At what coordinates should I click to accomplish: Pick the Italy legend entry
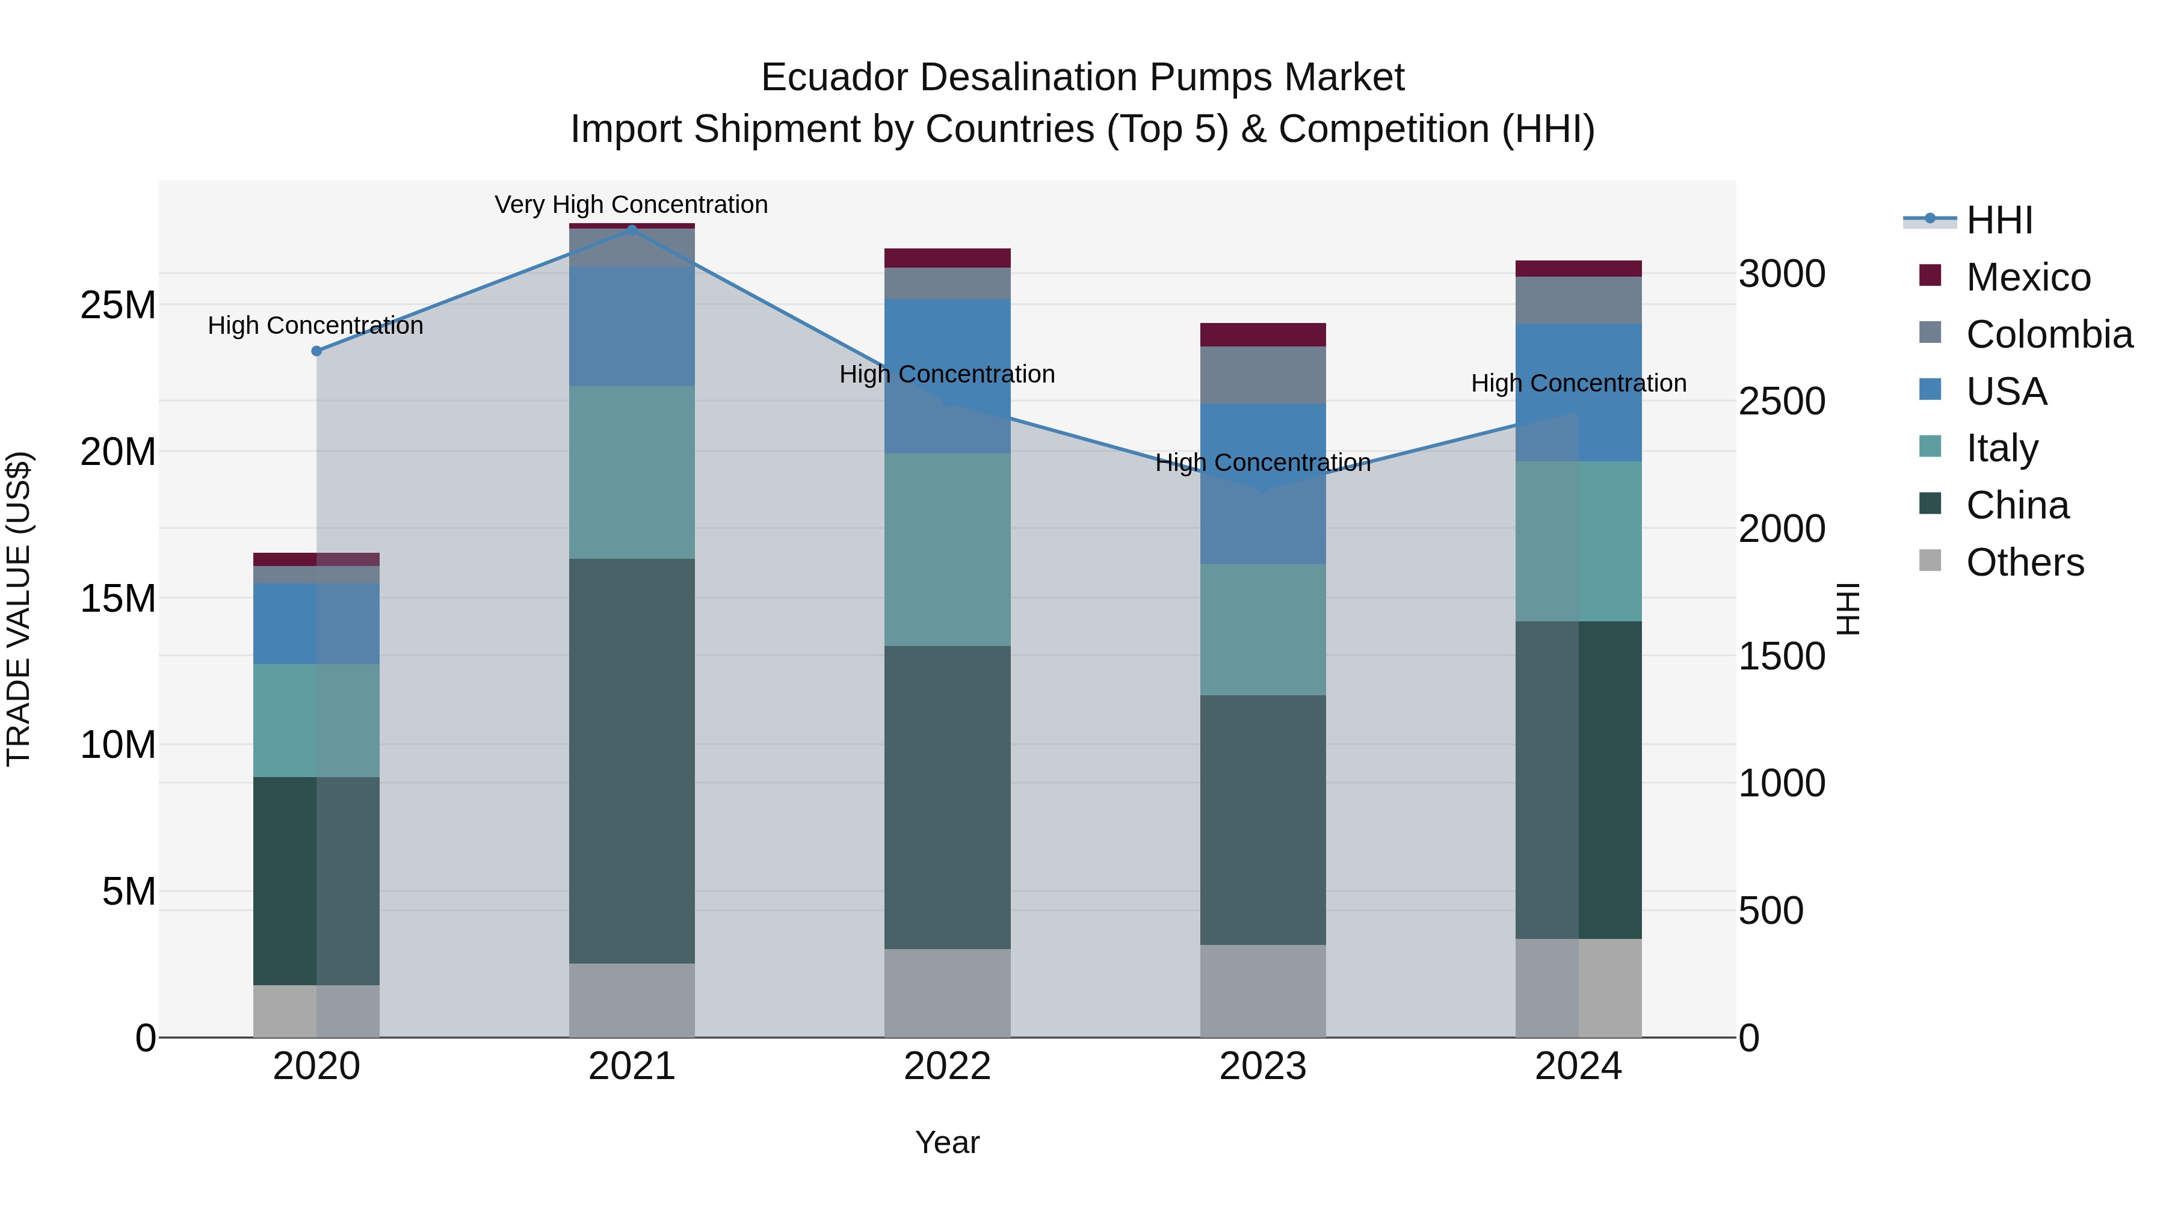(2001, 448)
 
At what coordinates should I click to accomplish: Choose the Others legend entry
(2024, 562)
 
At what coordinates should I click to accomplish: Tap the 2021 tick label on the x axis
(632, 1066)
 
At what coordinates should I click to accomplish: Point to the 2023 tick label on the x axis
(1262, 1066)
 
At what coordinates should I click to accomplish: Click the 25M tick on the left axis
(118, 305)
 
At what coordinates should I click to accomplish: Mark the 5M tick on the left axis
(129, 891)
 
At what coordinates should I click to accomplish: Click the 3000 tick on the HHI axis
(1782, 274)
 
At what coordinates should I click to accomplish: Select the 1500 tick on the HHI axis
(1782, 656)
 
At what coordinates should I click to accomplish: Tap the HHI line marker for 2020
(316, 351)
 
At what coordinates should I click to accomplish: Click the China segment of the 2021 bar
(632, 761)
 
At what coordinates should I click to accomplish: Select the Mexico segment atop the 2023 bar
(1262, 334)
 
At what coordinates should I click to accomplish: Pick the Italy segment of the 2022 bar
(947, 550)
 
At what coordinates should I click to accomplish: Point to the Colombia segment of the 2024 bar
(1578, 300)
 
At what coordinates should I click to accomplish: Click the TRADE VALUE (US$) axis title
(19, 609)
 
